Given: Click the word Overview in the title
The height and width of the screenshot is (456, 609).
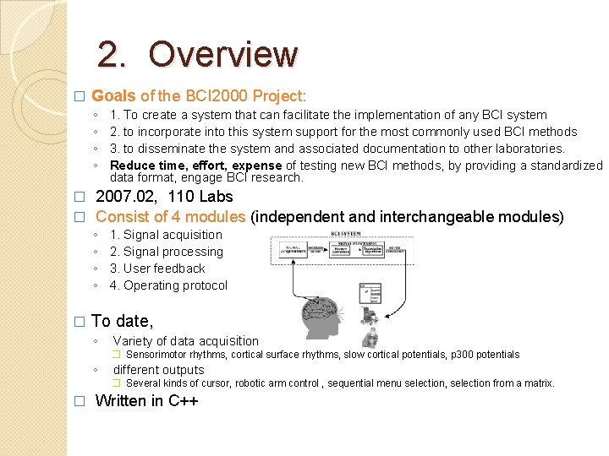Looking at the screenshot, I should point(223,55).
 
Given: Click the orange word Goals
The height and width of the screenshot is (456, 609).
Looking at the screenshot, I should point(113,96).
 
